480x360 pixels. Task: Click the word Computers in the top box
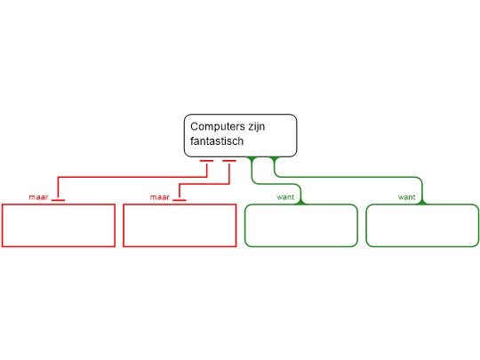pos(218,126)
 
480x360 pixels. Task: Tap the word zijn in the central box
pos(257,127)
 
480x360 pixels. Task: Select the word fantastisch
pos(217,141)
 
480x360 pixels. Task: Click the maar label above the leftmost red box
pos(38,197)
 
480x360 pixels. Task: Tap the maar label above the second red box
pos(160,197)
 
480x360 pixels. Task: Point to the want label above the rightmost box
pos(406,197)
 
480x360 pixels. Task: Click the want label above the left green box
pos(285,197)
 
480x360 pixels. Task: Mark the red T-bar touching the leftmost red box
pos(58,200)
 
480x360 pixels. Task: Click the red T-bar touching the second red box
pos(180,200)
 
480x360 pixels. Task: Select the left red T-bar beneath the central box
pos(206,161)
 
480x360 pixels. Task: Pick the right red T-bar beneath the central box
pos(229,161)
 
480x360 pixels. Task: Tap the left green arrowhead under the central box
pos(252,159)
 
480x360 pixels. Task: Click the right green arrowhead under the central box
pos(275,159)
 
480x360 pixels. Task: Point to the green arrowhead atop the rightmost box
pos(422,201)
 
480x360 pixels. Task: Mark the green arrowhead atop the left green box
pos(301,201)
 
